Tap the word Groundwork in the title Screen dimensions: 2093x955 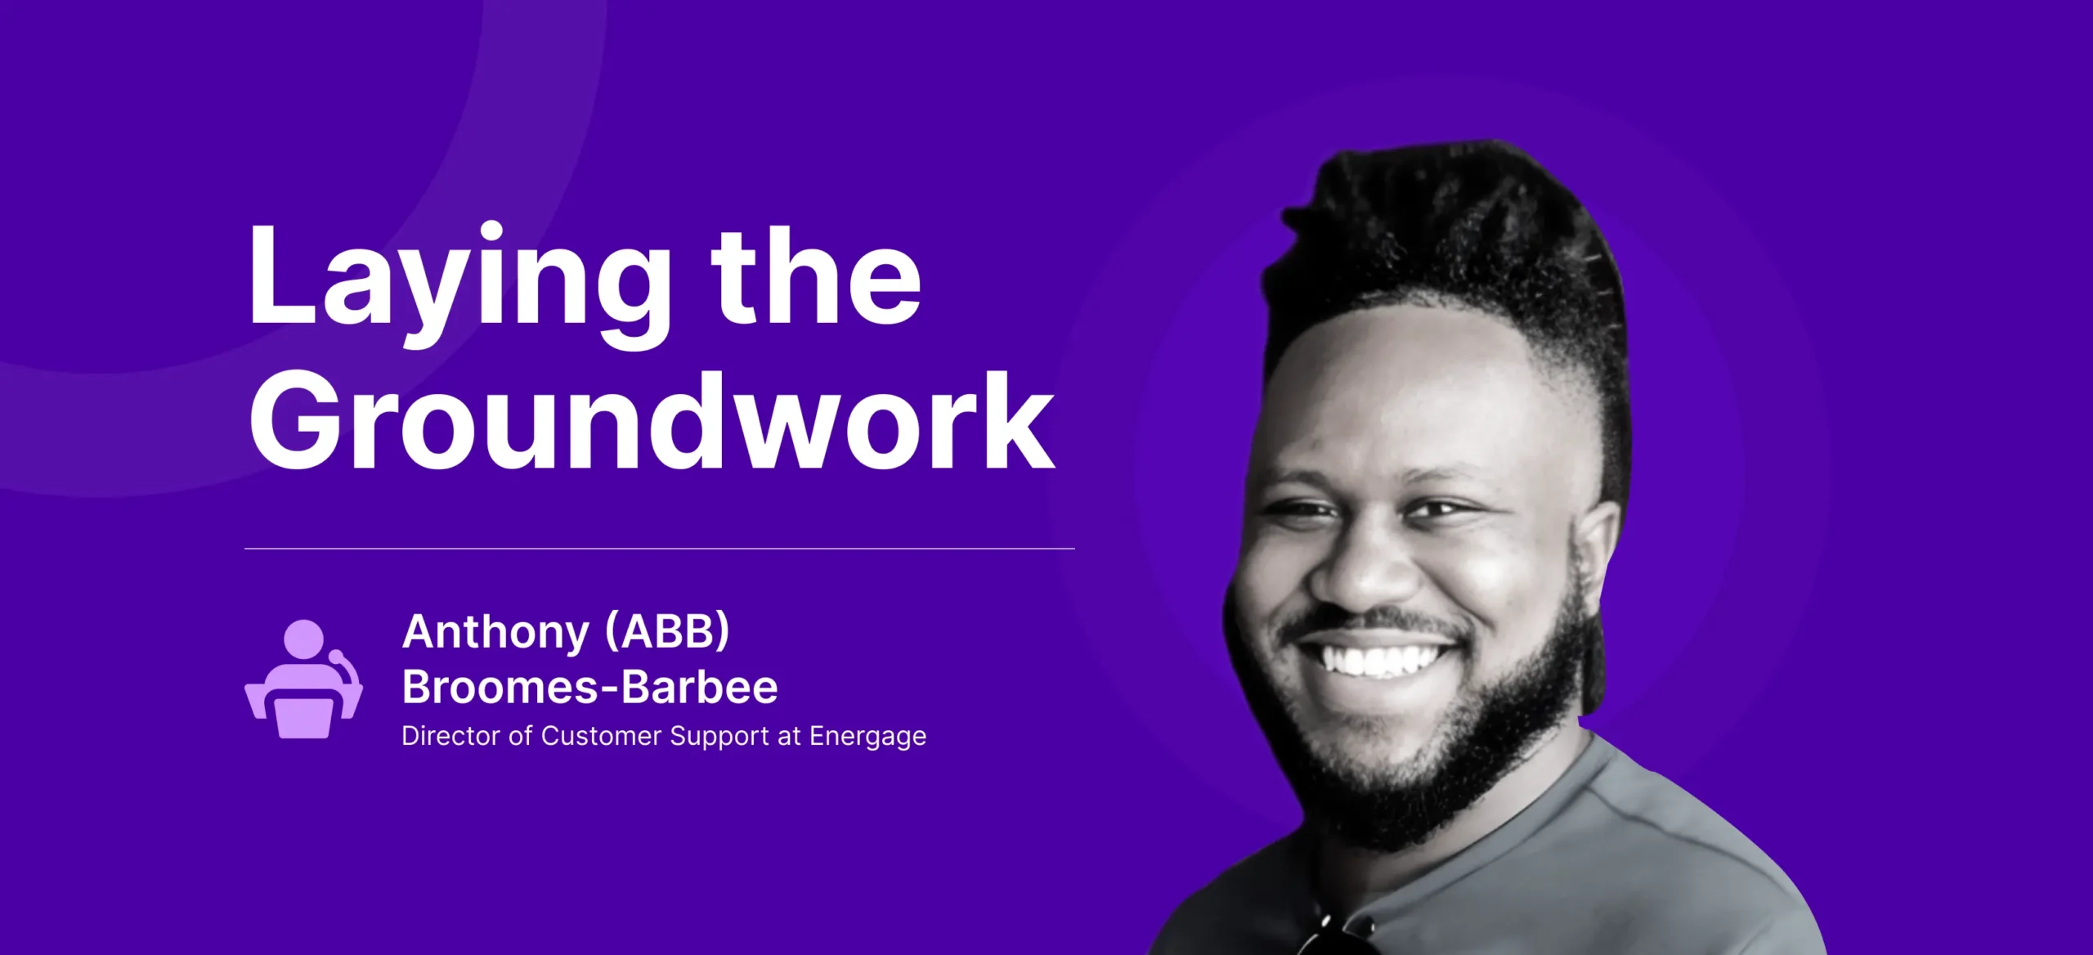point(652,420)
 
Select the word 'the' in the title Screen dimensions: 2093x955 point(816,276)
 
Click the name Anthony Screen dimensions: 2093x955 point(495,632)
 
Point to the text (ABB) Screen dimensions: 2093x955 point(667,631)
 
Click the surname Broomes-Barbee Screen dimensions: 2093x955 point(589,687)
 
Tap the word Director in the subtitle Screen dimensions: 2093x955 point(450,736)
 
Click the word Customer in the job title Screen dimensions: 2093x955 point(601,736)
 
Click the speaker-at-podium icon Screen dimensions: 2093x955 point(304,679)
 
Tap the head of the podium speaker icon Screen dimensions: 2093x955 point(303,639)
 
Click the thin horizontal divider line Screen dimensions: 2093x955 point(659,549)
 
